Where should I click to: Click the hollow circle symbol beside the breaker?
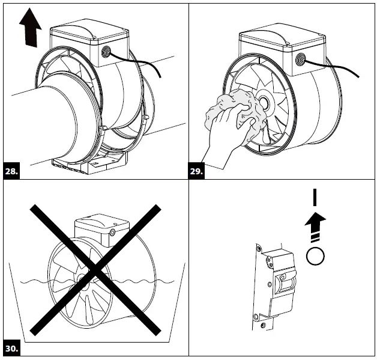tap(315, 257)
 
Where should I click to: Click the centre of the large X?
tap(95, 269)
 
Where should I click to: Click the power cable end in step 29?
tap(358, 76)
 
